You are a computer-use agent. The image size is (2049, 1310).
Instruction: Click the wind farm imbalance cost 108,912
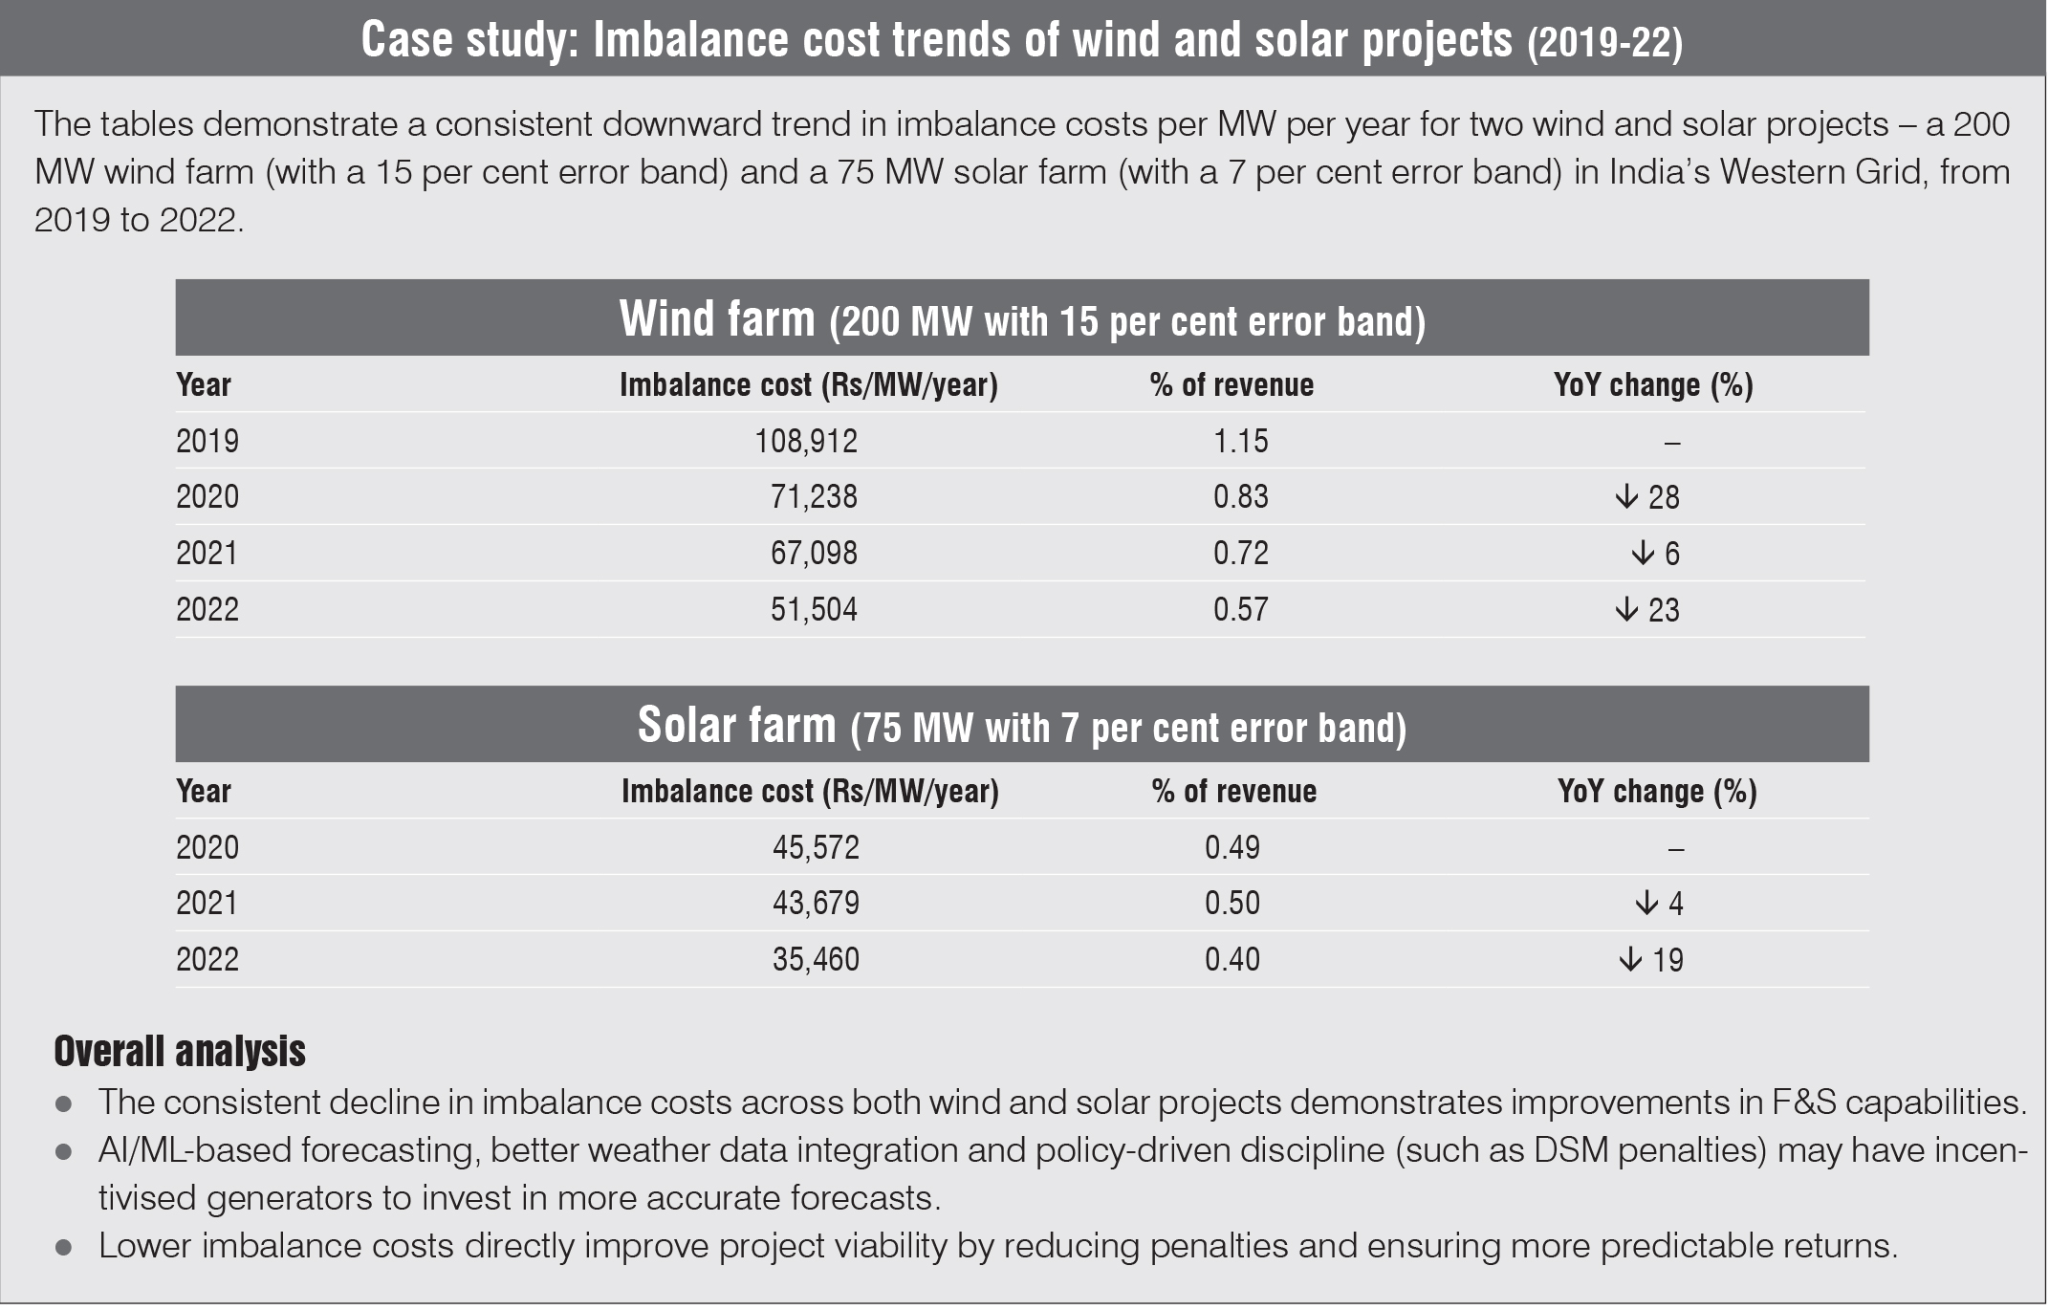[806, 441]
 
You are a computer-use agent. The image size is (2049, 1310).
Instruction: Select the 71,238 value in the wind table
[814, 497]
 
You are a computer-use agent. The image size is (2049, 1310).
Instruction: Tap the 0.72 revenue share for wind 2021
[1240, 554]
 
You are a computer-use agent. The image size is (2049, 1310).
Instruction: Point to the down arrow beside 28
[1625, 497]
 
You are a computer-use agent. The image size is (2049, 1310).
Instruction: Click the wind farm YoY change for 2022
[1647, 610]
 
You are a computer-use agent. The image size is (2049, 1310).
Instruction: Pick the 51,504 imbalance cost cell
[814, 610]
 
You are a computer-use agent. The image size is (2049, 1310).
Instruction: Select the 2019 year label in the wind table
[207, 441]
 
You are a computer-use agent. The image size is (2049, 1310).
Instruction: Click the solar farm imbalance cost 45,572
[816, 847]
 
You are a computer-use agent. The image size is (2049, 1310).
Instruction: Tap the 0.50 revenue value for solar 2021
[1232, 904]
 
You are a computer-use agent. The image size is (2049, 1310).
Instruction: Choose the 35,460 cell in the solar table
[816, 960]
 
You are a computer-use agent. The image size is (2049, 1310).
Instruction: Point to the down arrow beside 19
[1629, 960]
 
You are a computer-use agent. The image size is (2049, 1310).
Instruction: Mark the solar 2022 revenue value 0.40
[1232, 960]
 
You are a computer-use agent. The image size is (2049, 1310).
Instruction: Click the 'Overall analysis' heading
[180, 1052]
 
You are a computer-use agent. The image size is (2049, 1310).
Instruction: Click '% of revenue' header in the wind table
[1232, 385]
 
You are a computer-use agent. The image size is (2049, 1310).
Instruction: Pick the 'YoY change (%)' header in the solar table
[1657, 792]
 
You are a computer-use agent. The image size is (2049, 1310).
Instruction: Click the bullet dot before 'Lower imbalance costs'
[64, 1248]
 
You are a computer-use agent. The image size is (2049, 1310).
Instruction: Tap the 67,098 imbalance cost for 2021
[814, 554]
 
